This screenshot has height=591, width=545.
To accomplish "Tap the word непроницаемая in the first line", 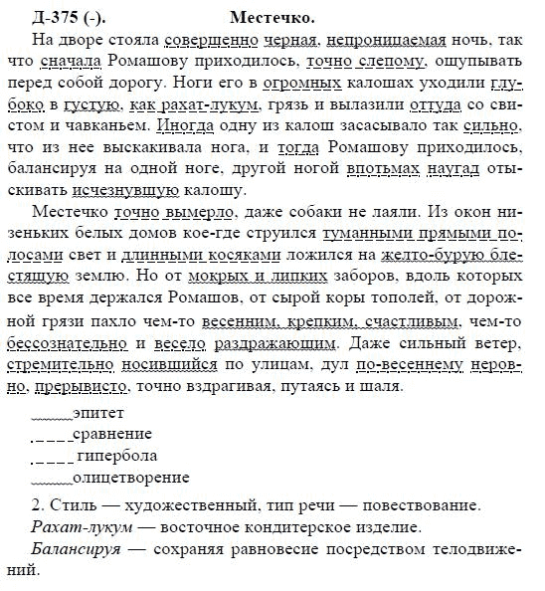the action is pyautogui.click(x=386, y=38).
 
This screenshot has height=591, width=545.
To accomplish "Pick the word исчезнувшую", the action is pyautogui.click(x=89, y=191).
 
